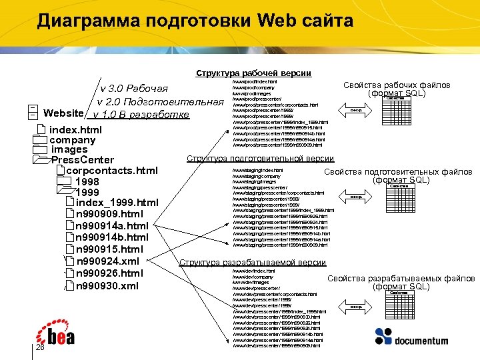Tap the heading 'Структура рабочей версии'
point(253,73)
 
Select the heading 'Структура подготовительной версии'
point(260,159)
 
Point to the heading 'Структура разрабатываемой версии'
point(253,263)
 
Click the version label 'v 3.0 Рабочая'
point(143,89)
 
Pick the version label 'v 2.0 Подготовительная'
point(159,102)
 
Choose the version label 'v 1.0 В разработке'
point(146,115)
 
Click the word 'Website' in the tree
point(63,113)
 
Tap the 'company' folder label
point(72,140)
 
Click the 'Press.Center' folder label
point(83,160)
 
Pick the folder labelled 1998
point(88,182)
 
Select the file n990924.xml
point(108,261)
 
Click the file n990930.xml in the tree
point(107,286)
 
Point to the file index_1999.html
point(117,203)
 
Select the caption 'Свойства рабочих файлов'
point(397,85)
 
